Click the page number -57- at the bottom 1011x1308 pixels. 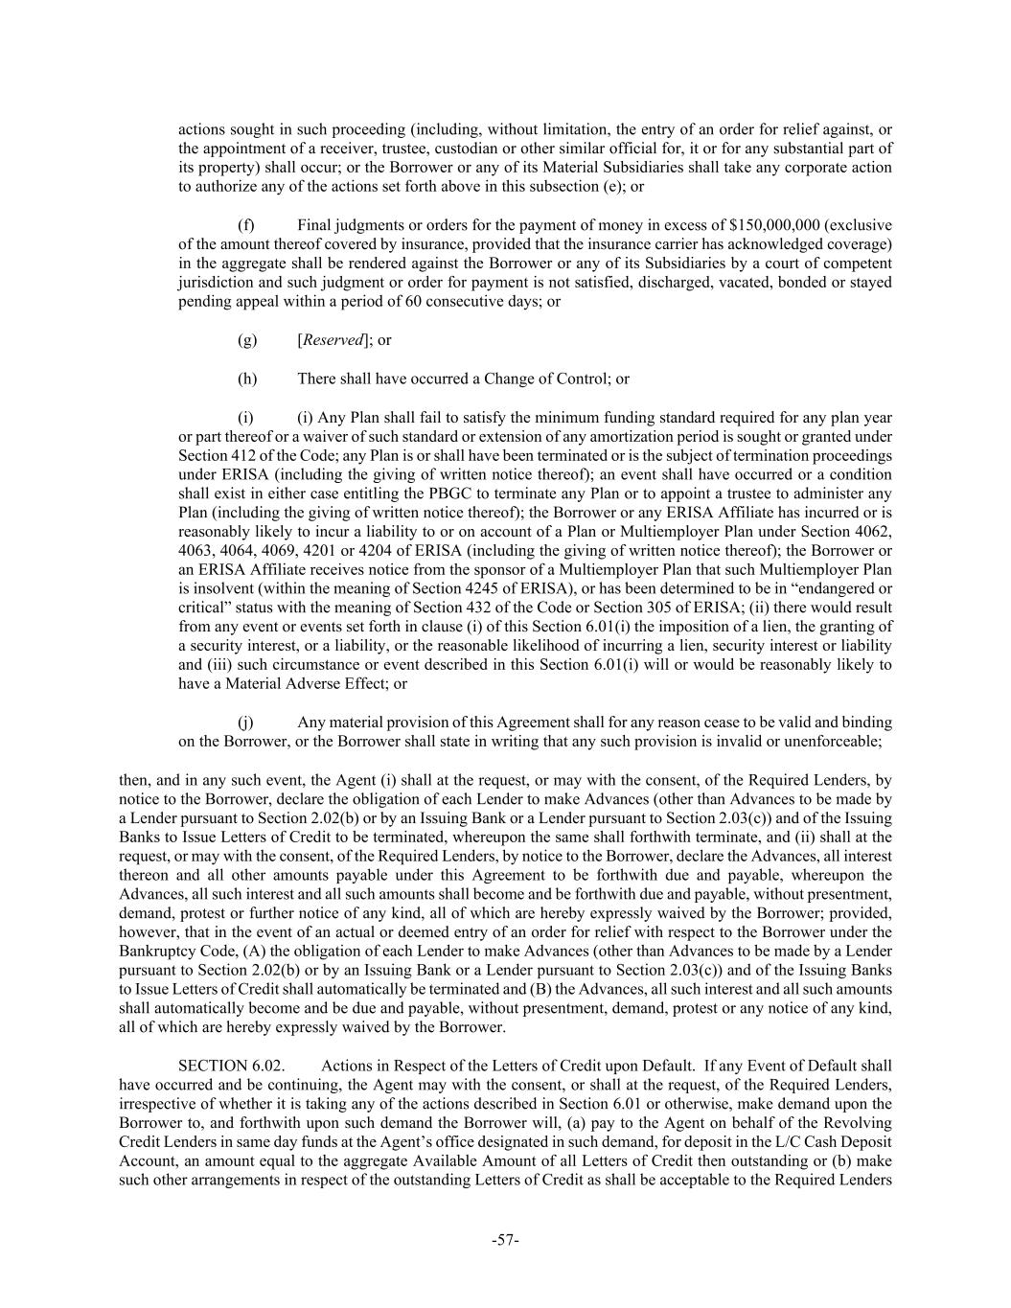tap(505, 1240)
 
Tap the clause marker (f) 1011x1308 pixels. tap(246, 225)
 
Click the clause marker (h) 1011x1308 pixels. tap(247, 379)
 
